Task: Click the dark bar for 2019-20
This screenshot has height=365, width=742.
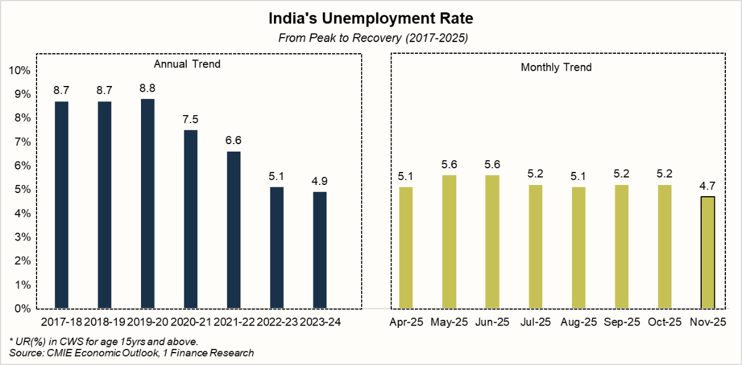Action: click(147, 204)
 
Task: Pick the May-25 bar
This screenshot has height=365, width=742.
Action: click(448, 242)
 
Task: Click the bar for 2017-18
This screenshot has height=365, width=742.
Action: click(61, 205)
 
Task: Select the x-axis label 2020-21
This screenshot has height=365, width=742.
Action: click(190, 322)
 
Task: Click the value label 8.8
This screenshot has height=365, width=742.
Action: click(147, 88)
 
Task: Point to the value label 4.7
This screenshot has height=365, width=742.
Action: click(707, 186)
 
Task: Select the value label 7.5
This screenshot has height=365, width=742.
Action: click(190, 119)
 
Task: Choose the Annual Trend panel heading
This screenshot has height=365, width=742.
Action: click(187, 64)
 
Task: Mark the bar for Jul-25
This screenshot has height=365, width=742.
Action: click(535, 247)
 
